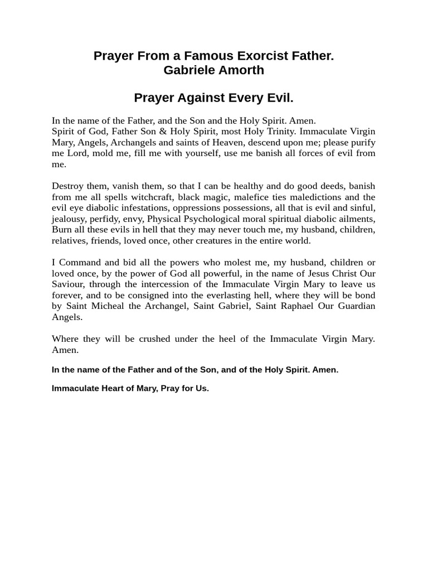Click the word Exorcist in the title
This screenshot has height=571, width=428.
pos(250,56)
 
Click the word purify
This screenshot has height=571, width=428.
pos(360,142)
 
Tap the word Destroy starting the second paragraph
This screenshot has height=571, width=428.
pos(68,186)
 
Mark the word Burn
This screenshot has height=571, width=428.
pos(61,230)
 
